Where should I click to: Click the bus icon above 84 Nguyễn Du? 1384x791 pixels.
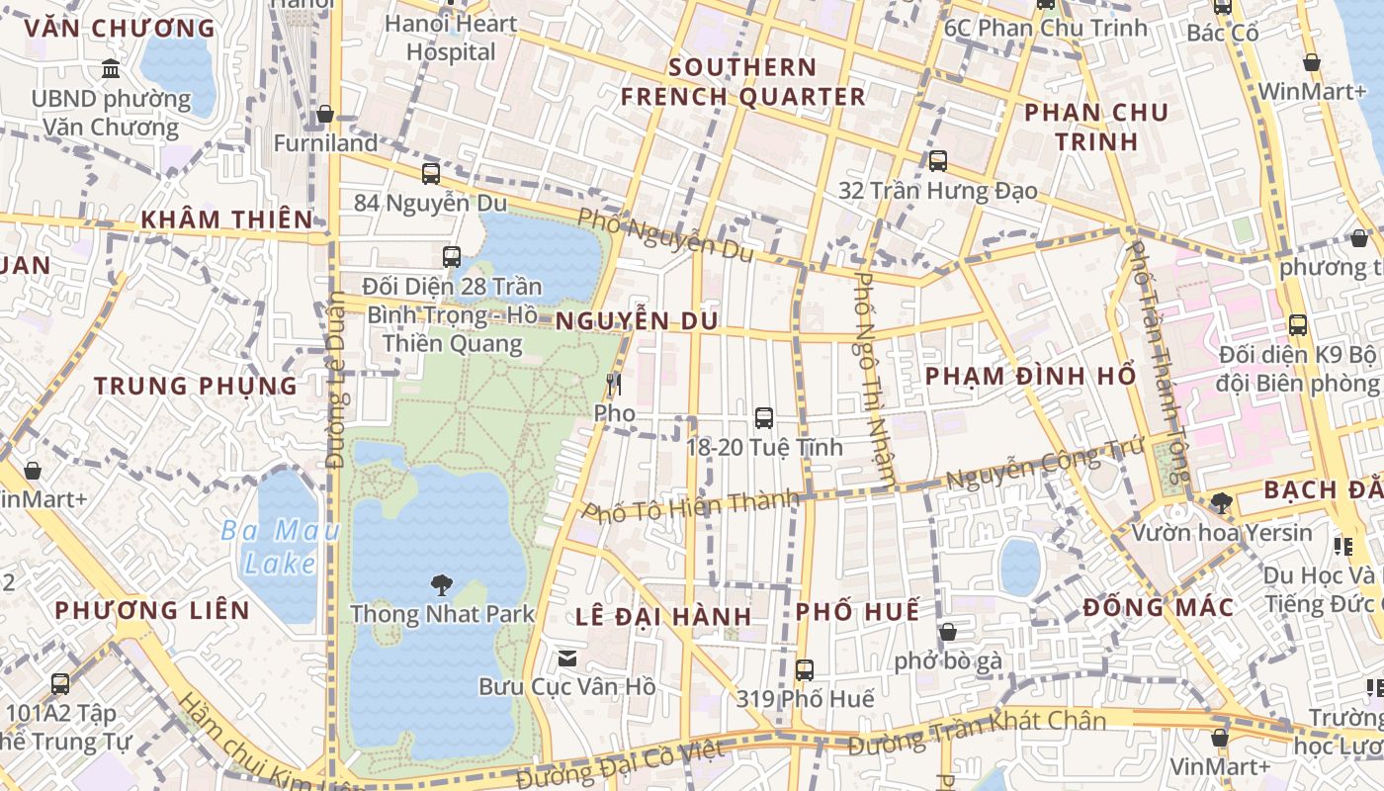coord(431,174)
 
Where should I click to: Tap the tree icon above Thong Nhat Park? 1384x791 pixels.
coord(442,584)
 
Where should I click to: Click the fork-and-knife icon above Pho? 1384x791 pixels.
coord(614,384)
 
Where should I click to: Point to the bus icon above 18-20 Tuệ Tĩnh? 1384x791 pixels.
coord(764,418)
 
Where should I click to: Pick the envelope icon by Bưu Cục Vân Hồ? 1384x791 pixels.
coord(567,658)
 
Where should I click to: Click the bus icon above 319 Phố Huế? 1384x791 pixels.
coord(805,670)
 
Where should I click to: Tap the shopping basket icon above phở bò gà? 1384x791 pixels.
coord(947,632)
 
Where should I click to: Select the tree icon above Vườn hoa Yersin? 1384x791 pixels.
coord(1222,503)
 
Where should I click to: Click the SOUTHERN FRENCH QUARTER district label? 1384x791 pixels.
coord(742,82)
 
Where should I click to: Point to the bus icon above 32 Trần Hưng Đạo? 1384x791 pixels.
coord(937,160)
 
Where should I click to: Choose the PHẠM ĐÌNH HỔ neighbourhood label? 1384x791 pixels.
coord(1030,377)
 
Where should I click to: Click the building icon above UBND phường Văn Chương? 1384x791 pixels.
coord(111,69)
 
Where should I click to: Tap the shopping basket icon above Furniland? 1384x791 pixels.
coord(325,115)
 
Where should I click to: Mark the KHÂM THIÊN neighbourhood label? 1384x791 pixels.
coord(226,220)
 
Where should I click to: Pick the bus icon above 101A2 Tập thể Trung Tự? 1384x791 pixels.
coord(60,683)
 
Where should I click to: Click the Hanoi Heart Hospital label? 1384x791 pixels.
coord(451,38)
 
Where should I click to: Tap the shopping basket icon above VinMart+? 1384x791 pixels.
coord(1220,738)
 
